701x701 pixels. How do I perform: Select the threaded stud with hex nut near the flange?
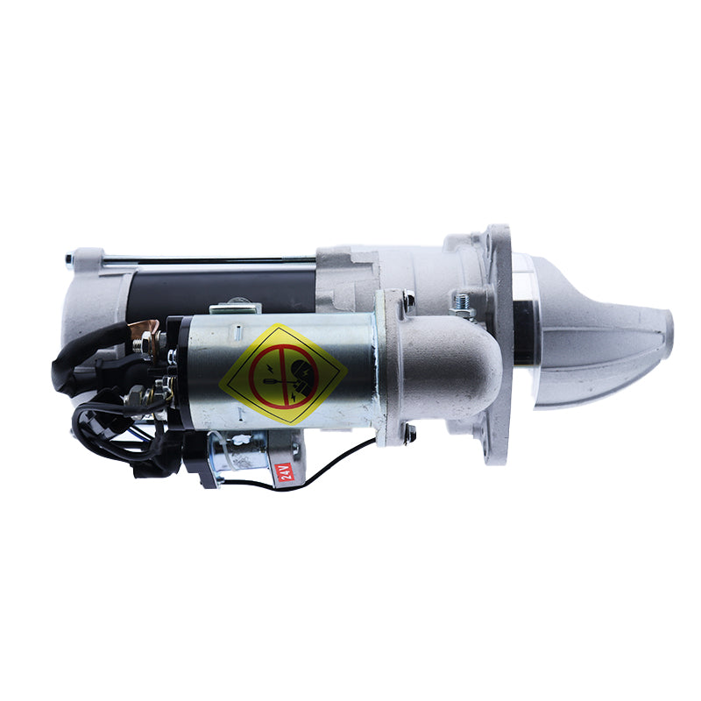click(x=462, y=305)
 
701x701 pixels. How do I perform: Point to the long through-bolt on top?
click(x=210, y=260)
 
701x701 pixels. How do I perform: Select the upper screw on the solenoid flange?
click(x=408, y=301)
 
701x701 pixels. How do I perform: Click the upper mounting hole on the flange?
click(x=502, y=235)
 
